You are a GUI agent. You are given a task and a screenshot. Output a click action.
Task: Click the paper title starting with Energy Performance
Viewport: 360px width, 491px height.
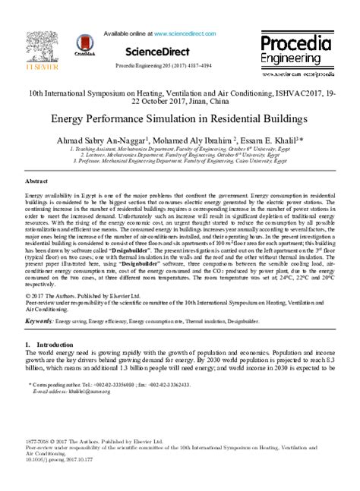179,119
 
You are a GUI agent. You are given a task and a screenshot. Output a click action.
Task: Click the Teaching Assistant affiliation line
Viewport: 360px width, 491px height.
179,151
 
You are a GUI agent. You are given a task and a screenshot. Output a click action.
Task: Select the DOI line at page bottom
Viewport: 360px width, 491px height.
55,460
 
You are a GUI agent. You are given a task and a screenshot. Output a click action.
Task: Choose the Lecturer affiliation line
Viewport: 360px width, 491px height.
179,157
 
